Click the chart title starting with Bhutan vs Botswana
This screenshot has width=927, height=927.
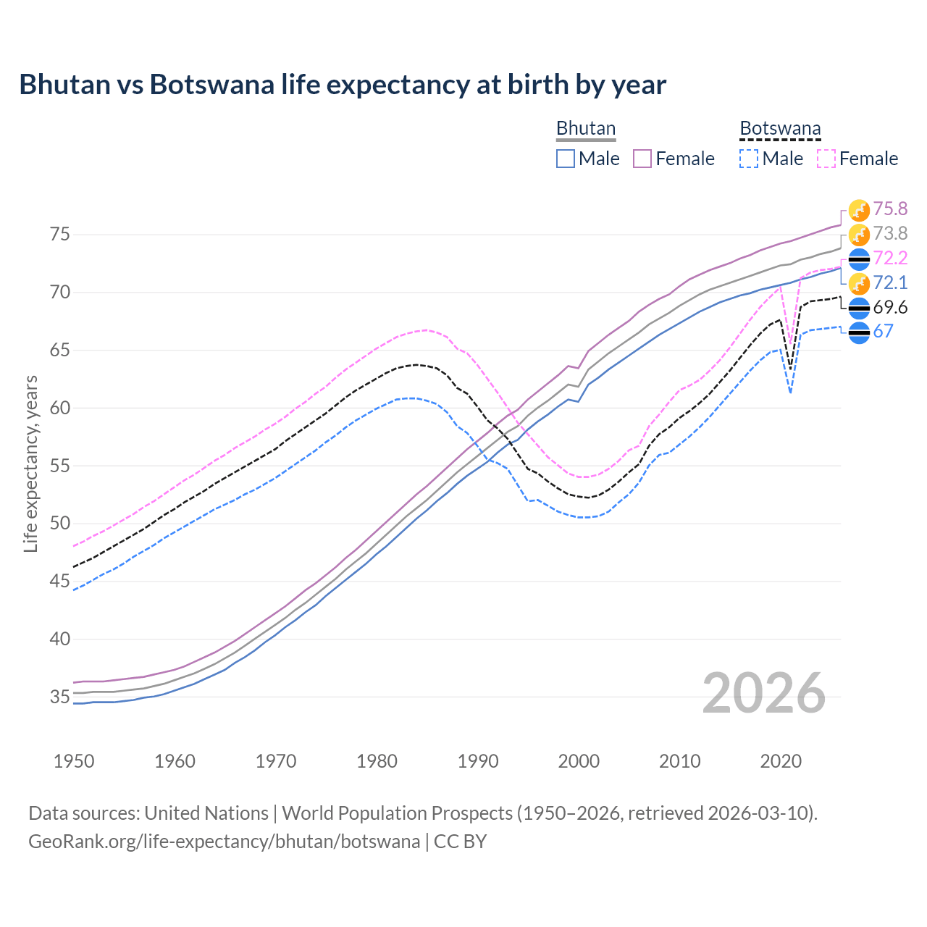[343, 85]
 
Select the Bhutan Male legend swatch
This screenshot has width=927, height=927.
[566, 159]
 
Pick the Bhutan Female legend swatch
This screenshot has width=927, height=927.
[643, 159]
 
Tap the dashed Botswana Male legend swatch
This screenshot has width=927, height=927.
[749, 159]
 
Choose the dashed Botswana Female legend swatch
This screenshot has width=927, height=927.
[826, 159]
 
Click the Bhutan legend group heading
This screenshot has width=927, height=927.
[585, 128]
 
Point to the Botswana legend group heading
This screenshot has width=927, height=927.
[780, 128]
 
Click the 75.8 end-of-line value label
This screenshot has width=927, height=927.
[890, 209]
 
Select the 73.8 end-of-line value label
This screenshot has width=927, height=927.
[890, 234]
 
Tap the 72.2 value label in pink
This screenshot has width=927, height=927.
[890, 259]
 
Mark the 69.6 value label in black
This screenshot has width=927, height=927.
[890, 308]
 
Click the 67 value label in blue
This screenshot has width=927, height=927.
[884, 332]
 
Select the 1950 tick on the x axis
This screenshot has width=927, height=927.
[74, 761]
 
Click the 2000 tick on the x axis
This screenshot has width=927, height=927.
[579, 761]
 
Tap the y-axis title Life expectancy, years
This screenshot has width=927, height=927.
[30, 463]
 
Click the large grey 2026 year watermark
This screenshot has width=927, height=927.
[764, 693]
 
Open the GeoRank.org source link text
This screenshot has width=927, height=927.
[224, 842]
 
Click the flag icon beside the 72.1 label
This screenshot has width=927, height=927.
[859, 283]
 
